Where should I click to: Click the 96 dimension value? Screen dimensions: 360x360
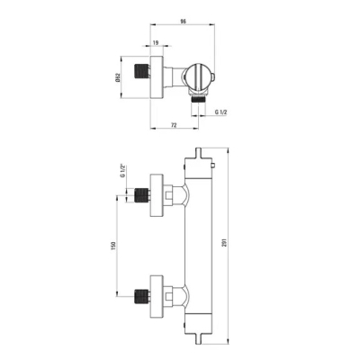pos(184,22)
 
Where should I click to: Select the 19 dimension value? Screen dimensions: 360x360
pos(156,42)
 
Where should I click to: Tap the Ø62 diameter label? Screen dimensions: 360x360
pos(118,77)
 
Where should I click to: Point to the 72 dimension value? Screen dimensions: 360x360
pos(174,125)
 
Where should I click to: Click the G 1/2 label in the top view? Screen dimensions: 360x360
pos(221,112)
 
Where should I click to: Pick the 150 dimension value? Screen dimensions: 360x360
pos(113,246)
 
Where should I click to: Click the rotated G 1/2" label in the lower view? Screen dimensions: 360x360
pos(122,171)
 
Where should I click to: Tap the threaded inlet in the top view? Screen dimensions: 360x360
pos(142,72)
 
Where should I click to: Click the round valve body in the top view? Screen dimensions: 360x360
pos(198,76)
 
